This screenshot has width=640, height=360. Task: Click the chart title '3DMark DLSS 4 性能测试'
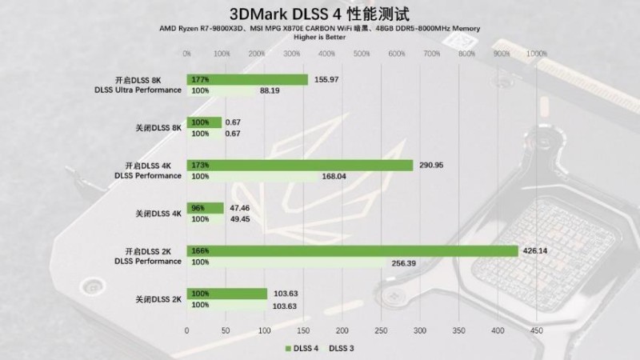pyautogui.click(x=320, y=14)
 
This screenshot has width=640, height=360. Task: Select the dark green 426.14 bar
pyautogui.click(x=352, y=250)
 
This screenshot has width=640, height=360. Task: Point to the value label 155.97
pyautogui.click(x=327, y=79)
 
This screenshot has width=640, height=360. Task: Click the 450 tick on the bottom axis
pyautogui.click(x=536, y=330)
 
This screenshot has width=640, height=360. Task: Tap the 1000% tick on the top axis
pyautogui.click(x=537, y=54)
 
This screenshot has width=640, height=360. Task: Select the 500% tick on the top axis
pyautogui.click(x=362, y=54)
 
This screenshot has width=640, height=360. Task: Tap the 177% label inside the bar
pyautogui.click(x=200, y=79)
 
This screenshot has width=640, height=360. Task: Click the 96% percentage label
pyautogui.click(x=198, y=208)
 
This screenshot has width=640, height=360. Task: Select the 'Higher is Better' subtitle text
pyautogui.click(x=320, y=38)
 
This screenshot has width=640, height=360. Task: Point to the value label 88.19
pyautogui.click(x=270, y=91)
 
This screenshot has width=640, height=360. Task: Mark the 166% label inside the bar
pyautogui.click(x=200, y=250)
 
